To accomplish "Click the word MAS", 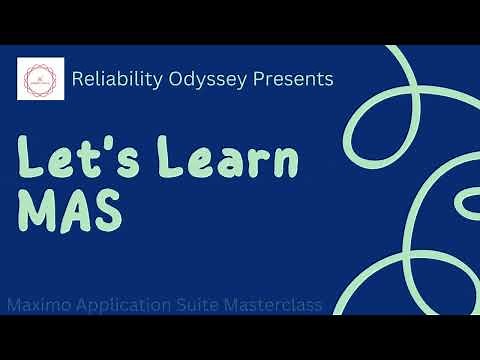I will coord(69,211).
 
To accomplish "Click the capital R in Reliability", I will coord(79,79).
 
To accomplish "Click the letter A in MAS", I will coord(73,211).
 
